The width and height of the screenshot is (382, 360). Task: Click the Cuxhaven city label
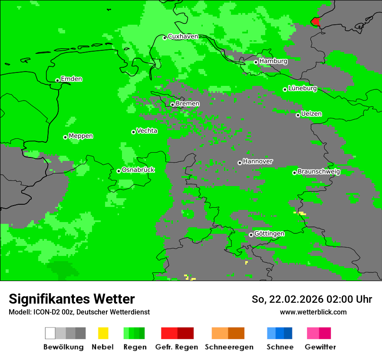tap(183, 36)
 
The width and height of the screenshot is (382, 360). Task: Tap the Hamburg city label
tap(273, 61)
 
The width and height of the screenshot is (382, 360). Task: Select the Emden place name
tap(71, 79)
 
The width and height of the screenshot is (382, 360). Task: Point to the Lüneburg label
tap(302, 88)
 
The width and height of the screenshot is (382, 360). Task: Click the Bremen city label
tap(188, 104)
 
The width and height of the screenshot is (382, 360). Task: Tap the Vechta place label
tap(147, 131)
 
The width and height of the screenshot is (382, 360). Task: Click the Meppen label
tap(81, 136)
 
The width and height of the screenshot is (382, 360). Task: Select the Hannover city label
tap(258, 161)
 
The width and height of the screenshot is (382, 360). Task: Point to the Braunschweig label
tap(319, 171)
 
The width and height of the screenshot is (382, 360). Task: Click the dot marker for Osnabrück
tap(119, 171)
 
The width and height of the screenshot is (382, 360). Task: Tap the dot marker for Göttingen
tap(251, 235)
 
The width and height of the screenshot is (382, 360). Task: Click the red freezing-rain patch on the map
tap(316, 21)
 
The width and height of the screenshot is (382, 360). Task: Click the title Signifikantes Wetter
tap(72, 299)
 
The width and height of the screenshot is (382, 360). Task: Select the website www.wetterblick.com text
tap(313, 312)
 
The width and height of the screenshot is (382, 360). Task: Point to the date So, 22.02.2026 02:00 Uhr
tap(312, 299)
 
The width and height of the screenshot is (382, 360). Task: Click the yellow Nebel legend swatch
tap(103, 333)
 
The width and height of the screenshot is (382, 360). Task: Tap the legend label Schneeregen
tap(229, 347)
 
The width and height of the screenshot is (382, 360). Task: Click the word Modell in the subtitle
tap(19, 312)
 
